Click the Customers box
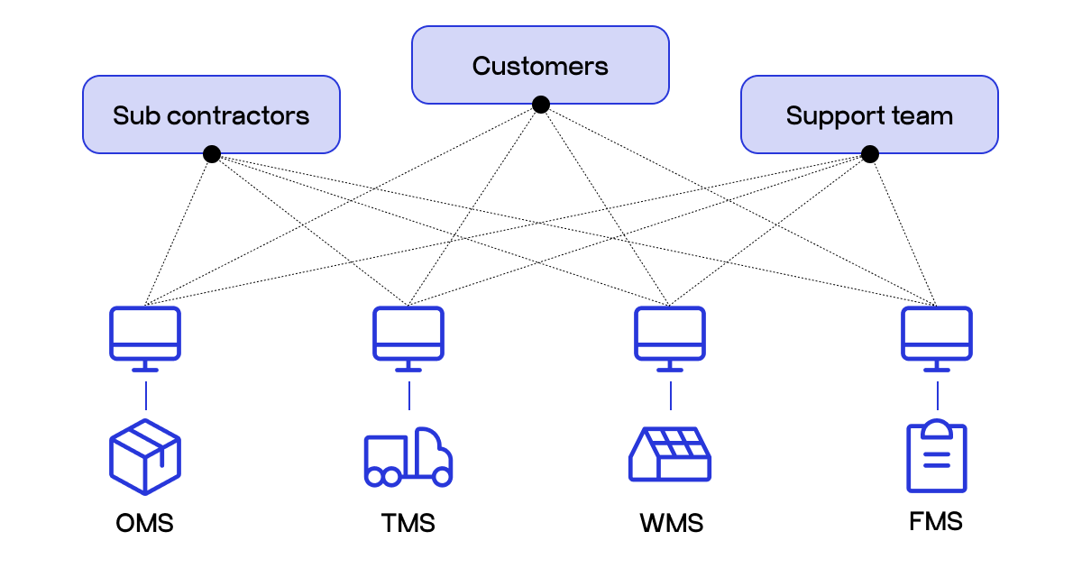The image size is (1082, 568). tap(540, 65)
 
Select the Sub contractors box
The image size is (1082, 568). tap(211, 115)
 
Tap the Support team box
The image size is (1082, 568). tap(869, 115)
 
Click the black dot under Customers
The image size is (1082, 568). tap(540, 105)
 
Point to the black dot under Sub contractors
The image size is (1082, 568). tap(211, 154)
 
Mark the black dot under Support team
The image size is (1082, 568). tap(869, 154)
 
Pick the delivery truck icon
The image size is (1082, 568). tap(408, 457)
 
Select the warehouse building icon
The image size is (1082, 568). tap(670, 454)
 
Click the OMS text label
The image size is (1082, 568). tap(144, 523)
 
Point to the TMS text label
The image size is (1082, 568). tap(408, 523)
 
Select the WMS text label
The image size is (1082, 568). tap(671, 523)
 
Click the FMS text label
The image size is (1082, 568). tap(936, 521)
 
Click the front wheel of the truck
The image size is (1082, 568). tap(442, 477)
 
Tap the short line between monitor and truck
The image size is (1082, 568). tap(408, 395)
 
